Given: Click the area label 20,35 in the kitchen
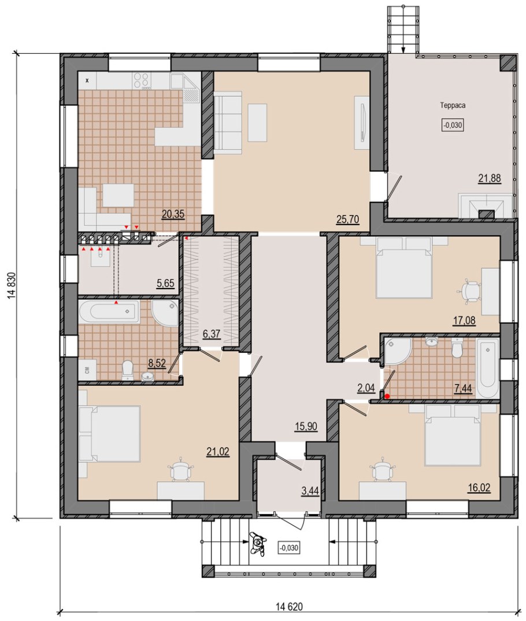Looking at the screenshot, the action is pyautogui.click(x=173, y=215).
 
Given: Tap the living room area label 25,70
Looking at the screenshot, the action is pyautogui.click(x=347, y=219).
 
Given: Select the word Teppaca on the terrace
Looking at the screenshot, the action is pyautogui.click(x=453, y=105).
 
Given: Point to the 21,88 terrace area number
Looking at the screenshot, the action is pyautogui.click(x=490, y=179).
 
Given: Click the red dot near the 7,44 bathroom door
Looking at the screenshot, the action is pyautogui.click(x=387, y=395).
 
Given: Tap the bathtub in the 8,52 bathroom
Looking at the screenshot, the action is pyautogui.click(x=109, y=311).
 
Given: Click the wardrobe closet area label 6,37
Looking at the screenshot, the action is pyautogui.click(x=212, y=335).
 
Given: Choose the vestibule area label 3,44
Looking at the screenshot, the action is pyautogui.click(x=310, y=491).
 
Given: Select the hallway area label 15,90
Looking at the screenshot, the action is pyautogui.click(x=306, y=426).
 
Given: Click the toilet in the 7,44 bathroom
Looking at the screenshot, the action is pyautogui.click(x=457, y=348).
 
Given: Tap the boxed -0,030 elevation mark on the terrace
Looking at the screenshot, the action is pyautogui.click(x=453, y=125).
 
